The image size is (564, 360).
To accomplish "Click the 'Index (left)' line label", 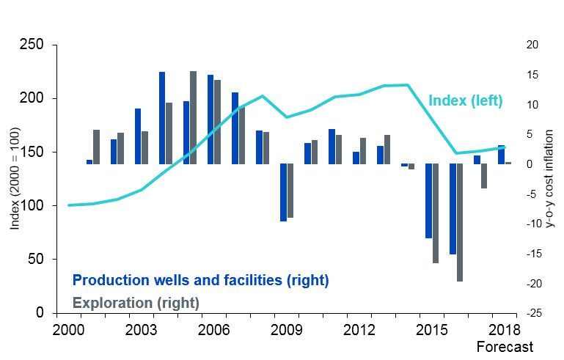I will [x=465, y=101].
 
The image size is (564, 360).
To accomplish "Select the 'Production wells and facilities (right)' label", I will [x=200, y=281].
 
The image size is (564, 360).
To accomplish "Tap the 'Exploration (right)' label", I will [x=136, y=301].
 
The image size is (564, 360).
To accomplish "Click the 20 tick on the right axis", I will [x=533, y=45].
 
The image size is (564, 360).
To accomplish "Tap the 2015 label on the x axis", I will [x=429, y=328].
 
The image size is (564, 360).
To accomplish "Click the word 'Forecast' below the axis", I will [x=505, y=346].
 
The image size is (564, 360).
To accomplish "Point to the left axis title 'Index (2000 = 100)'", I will [x=14, y=180].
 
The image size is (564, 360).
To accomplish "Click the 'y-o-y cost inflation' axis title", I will [x=551, y=180].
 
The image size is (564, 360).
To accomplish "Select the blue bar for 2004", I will [x=162, y=118].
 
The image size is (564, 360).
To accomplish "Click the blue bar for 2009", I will [x=283, y=192].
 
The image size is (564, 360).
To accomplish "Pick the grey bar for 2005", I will [x=193, y=117].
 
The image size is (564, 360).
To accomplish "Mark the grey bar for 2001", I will [x=96, y=147].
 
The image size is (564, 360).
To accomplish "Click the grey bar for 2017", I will [x=484, y=176].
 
